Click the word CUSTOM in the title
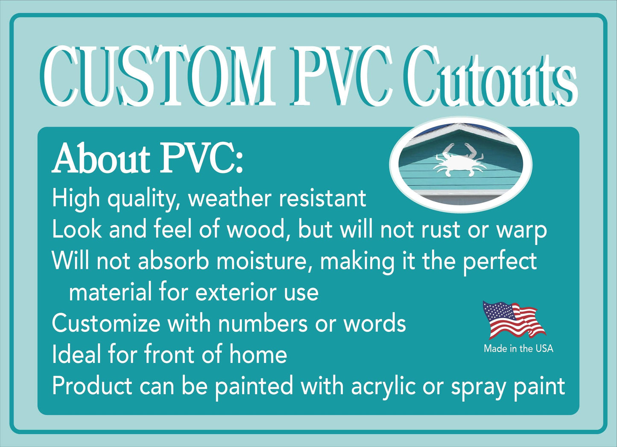159,76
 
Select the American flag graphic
514,320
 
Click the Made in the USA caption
518,349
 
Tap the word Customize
106,324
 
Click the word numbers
263,323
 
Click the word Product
92,386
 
